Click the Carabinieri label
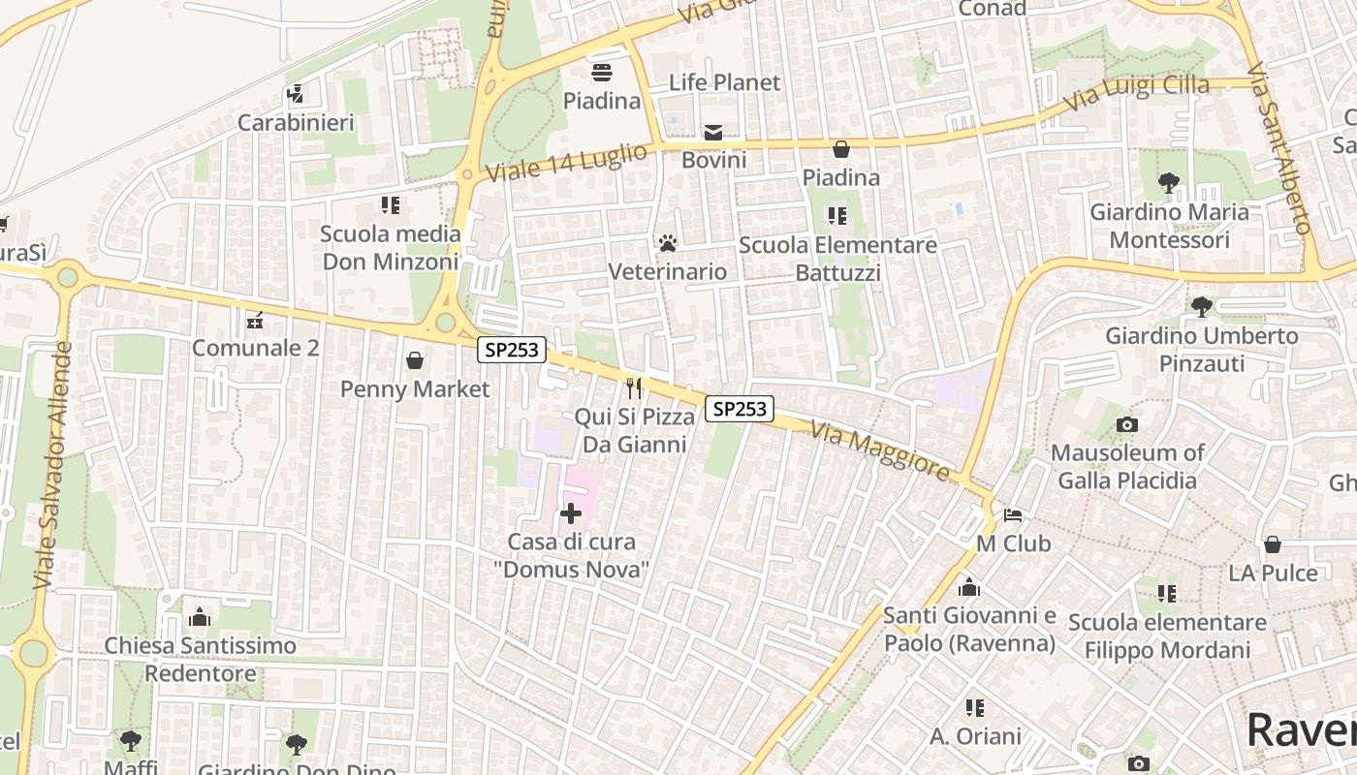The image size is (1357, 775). coord(296,123)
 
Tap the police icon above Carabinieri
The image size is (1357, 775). coord(296,94)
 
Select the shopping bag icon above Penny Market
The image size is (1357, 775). coord(415,360)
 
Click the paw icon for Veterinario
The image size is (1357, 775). coord(667,242)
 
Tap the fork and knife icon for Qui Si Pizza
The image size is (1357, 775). coord(634,388)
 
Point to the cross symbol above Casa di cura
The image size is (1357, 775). coord(571,513)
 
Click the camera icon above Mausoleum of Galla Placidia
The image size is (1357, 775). coord(1126,424)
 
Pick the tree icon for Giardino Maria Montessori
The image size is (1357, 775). coord(1169,182)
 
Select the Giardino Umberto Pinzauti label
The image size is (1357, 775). coord(1202,350)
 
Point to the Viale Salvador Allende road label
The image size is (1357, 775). coord(53,465)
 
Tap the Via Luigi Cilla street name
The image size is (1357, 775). coord(1137,93)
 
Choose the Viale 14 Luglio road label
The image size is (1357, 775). coord(567,162)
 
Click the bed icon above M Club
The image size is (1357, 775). coord(1013,514)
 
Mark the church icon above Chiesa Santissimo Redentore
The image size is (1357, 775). coord(200,616)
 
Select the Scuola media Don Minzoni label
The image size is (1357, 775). coord(390,247)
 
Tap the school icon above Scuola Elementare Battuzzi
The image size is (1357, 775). coord(837,215)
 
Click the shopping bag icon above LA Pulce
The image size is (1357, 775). coord(1272,544)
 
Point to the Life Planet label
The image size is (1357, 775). coord(724,82)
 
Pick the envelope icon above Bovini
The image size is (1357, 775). coord(713,132)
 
